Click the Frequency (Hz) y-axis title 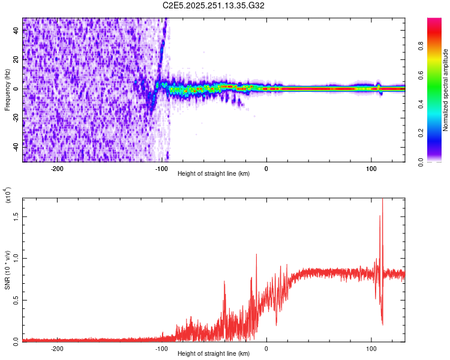pos(7,89)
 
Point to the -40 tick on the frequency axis pos(15,146)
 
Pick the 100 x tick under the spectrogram pos(371,169)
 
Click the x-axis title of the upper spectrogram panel pos(214,175)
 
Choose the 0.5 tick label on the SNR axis pos(16,299)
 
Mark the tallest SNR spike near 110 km pos(382,201)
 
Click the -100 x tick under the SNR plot pos(161,348)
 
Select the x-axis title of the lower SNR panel pos(214,354)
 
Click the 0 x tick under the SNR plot pos(266,348)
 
